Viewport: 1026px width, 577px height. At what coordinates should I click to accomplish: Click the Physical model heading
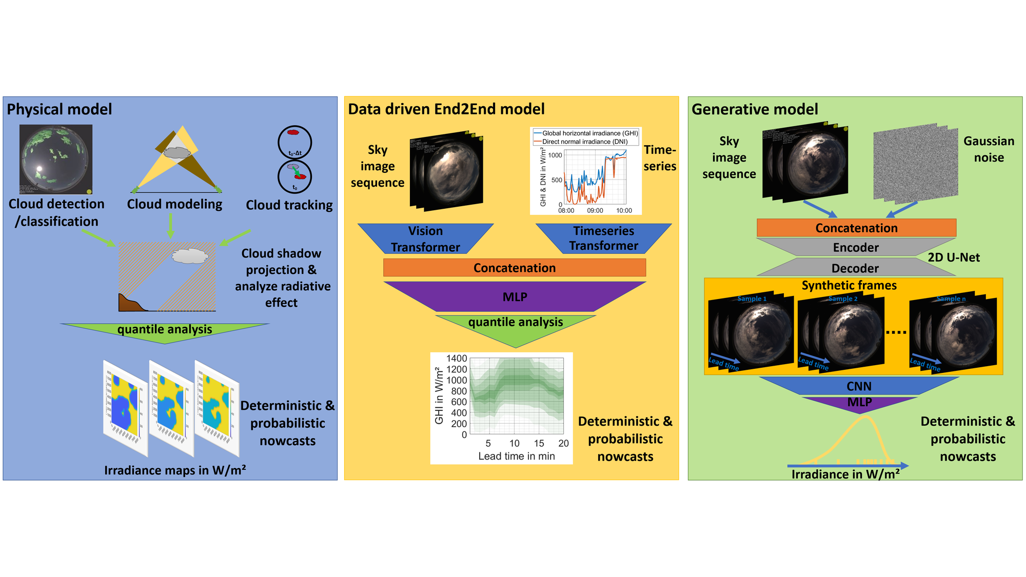click(59, 109)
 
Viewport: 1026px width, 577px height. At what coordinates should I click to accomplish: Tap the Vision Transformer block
click(425, 239)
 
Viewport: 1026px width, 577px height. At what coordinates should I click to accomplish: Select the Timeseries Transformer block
click(603, 238)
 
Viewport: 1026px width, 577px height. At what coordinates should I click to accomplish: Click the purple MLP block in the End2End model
click(515, 297)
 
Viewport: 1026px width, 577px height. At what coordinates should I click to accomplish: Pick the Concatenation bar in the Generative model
click(856, 228)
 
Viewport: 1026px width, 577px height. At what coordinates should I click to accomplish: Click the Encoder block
click(856, 247)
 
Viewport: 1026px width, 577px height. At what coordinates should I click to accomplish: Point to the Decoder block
click(855, 268)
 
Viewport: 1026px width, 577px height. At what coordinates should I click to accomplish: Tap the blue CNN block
click(859, 386)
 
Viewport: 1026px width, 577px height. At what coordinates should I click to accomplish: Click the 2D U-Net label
click(954, 257)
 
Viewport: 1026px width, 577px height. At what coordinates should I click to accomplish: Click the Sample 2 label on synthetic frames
click(843, 299)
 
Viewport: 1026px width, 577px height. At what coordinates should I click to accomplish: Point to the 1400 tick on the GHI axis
click(457, 359)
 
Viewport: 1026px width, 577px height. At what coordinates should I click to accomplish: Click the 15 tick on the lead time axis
click(539, 443)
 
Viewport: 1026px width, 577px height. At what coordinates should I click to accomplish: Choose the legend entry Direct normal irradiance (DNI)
click(585, 142)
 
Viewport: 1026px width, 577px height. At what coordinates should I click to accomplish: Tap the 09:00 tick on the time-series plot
click(595, 210)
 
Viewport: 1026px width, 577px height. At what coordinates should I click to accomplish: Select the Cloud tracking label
click(289, 205)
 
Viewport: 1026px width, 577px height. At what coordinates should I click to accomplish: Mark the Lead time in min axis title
click(517, 456)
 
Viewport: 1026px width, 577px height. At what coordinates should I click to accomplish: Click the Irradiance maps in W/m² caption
click(175, 470)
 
